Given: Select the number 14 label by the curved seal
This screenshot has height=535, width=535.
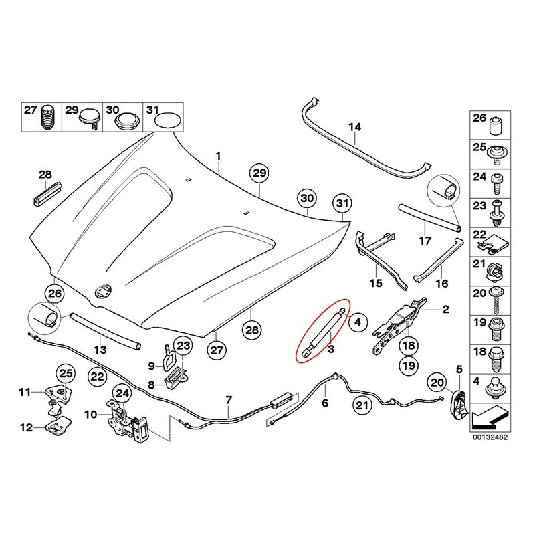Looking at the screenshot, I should [x=354, y=126].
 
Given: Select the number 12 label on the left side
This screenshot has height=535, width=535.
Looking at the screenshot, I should [x=27, y=428].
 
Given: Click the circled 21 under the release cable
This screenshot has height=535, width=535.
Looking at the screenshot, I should [x=362, y=404].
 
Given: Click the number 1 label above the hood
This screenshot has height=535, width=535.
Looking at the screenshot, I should [x=217, y=155].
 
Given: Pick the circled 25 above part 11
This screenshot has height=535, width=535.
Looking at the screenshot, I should [x=66, y=373].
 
